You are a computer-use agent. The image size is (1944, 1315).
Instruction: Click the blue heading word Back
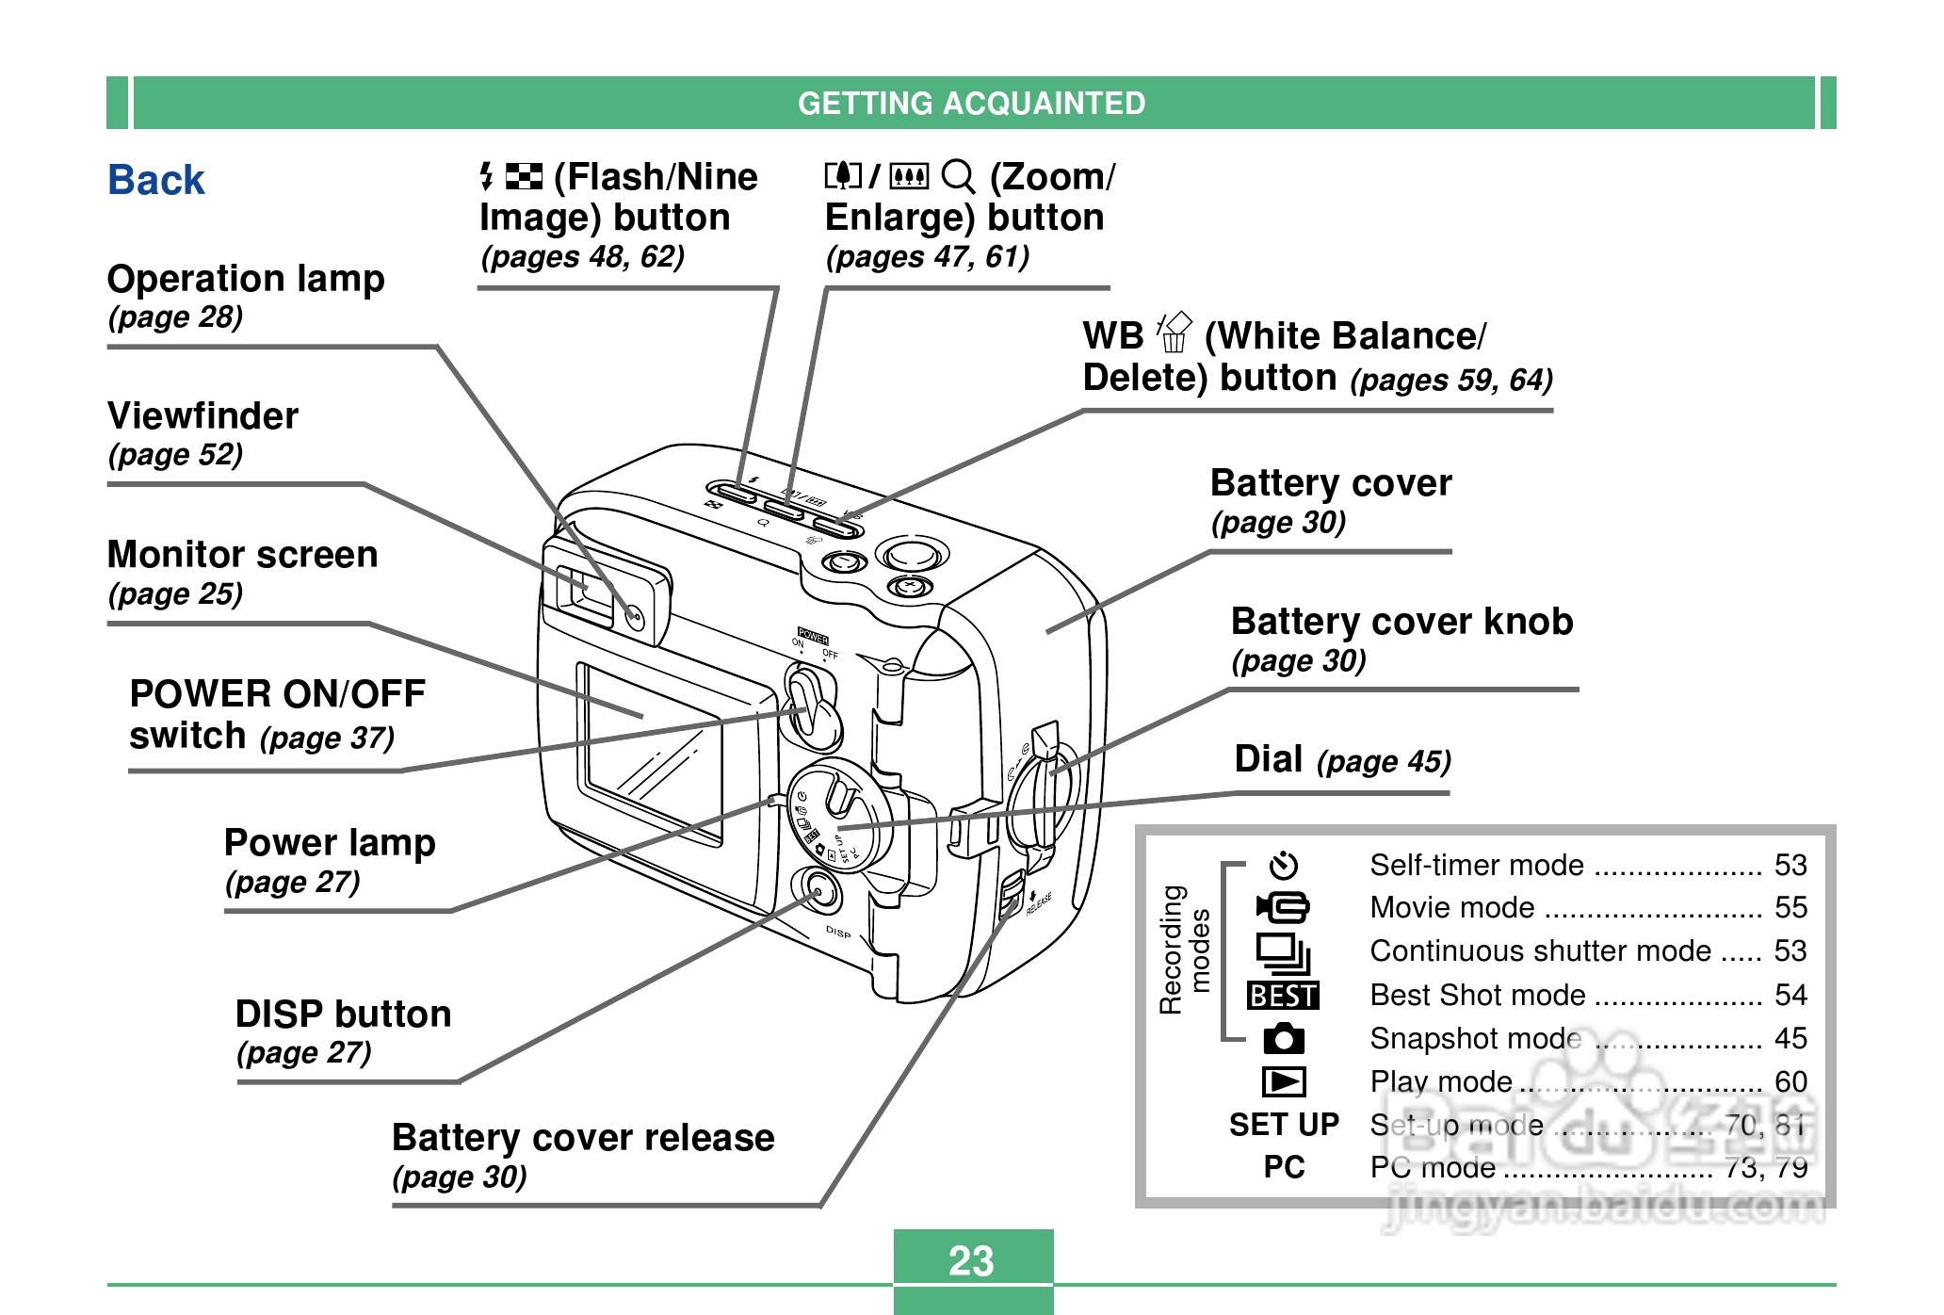156,180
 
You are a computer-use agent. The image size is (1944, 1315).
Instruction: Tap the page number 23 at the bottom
971,1260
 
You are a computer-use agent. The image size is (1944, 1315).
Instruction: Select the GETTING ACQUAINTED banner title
971,103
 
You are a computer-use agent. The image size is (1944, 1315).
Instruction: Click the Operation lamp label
246,279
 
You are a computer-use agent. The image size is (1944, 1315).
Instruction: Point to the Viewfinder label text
202,416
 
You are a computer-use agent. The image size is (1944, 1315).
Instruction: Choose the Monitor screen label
242,555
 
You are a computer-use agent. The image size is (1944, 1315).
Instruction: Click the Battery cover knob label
1401,622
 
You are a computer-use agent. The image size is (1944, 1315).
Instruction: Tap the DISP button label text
343,1015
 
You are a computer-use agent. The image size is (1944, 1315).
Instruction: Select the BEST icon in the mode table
1283,996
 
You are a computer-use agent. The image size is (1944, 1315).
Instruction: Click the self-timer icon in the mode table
1283,865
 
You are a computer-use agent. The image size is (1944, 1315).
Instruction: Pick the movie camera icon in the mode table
1283,907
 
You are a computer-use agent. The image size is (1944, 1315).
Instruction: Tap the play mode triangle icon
1283,1081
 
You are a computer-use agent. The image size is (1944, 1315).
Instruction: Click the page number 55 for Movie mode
1790,907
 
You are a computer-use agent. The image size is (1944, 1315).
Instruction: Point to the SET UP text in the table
1284,1125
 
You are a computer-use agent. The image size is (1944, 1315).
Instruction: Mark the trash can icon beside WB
1174,333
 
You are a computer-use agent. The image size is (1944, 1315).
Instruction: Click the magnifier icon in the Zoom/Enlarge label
958,176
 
